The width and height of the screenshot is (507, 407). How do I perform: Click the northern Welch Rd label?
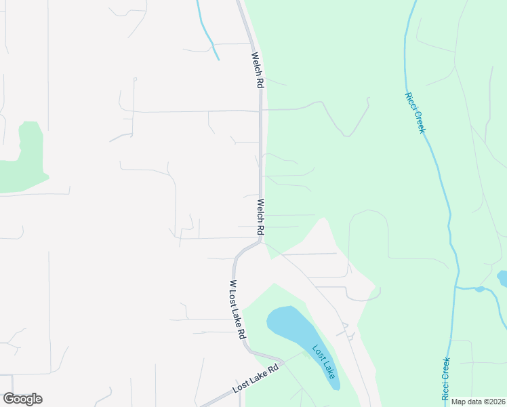tap(257, 71)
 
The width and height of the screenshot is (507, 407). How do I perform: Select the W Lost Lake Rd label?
tap(237, 310)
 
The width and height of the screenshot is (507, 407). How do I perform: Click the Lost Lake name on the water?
tap(323, 362)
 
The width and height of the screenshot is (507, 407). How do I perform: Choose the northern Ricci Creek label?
tap(415, 113)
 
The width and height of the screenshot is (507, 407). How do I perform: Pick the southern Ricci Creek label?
tap(445, 379)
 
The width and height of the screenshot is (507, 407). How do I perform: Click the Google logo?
tap(22, 399)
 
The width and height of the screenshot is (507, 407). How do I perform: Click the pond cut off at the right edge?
tap(502, 278)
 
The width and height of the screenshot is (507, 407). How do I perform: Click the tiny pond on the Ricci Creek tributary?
tap(480, 289)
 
